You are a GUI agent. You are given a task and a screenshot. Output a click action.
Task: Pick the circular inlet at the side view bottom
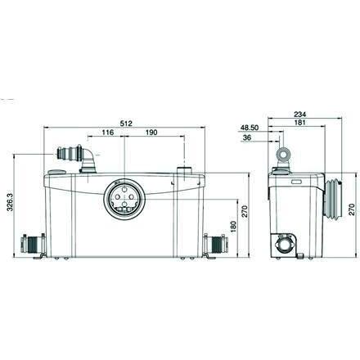coord(286,243)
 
